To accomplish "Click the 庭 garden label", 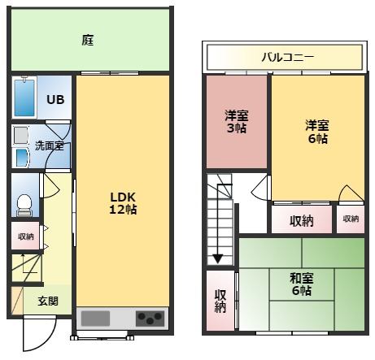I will tap(88, 39).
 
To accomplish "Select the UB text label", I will tap(55, 100).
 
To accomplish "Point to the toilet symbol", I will tap(24, 200).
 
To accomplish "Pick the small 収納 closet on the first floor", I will tap(25, 236).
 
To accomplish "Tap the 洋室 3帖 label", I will tap(237, 121).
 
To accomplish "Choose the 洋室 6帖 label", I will tap(316, 132).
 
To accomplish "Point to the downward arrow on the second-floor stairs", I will tap(217, 258).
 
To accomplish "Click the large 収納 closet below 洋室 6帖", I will tap(302, 219).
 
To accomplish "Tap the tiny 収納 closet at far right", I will tap(350, 219).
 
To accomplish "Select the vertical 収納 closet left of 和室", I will tap(220, 301).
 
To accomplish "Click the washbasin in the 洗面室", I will tap(20, 156).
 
